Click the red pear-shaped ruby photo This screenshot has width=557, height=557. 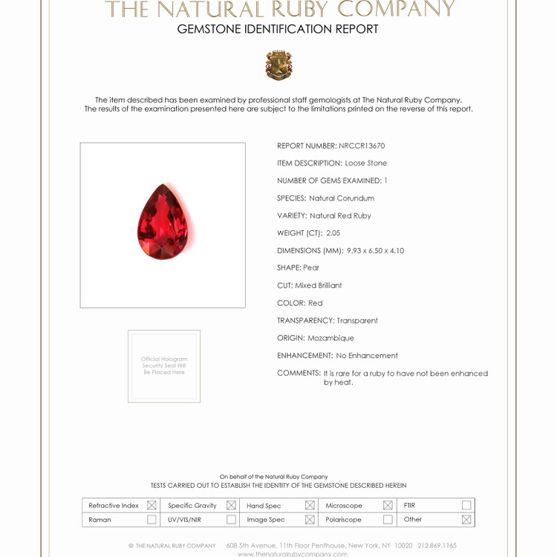point(163,222)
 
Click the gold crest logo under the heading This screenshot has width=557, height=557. point(278,65)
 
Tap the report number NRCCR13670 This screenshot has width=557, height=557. point(362,146)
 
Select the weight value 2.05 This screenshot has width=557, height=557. point(333,233)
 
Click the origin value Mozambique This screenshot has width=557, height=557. point(330,338)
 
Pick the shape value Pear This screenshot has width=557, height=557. point(311,268)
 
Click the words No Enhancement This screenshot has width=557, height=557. point(367,356)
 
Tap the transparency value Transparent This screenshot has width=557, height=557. point(357,321)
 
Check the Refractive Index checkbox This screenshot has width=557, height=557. point(152,505)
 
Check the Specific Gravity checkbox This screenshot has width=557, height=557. point(231,505)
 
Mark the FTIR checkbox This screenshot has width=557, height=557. point(466,505)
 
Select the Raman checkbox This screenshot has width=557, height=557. point(152,520)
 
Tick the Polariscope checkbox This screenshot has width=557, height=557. point(388,520)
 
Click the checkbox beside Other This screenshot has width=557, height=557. point(466,520)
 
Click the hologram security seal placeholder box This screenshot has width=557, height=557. point(164,366)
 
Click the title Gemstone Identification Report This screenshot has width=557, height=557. point(278,30)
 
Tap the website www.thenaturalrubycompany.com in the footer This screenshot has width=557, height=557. point(293,554)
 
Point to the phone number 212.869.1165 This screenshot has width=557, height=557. point(437,546)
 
